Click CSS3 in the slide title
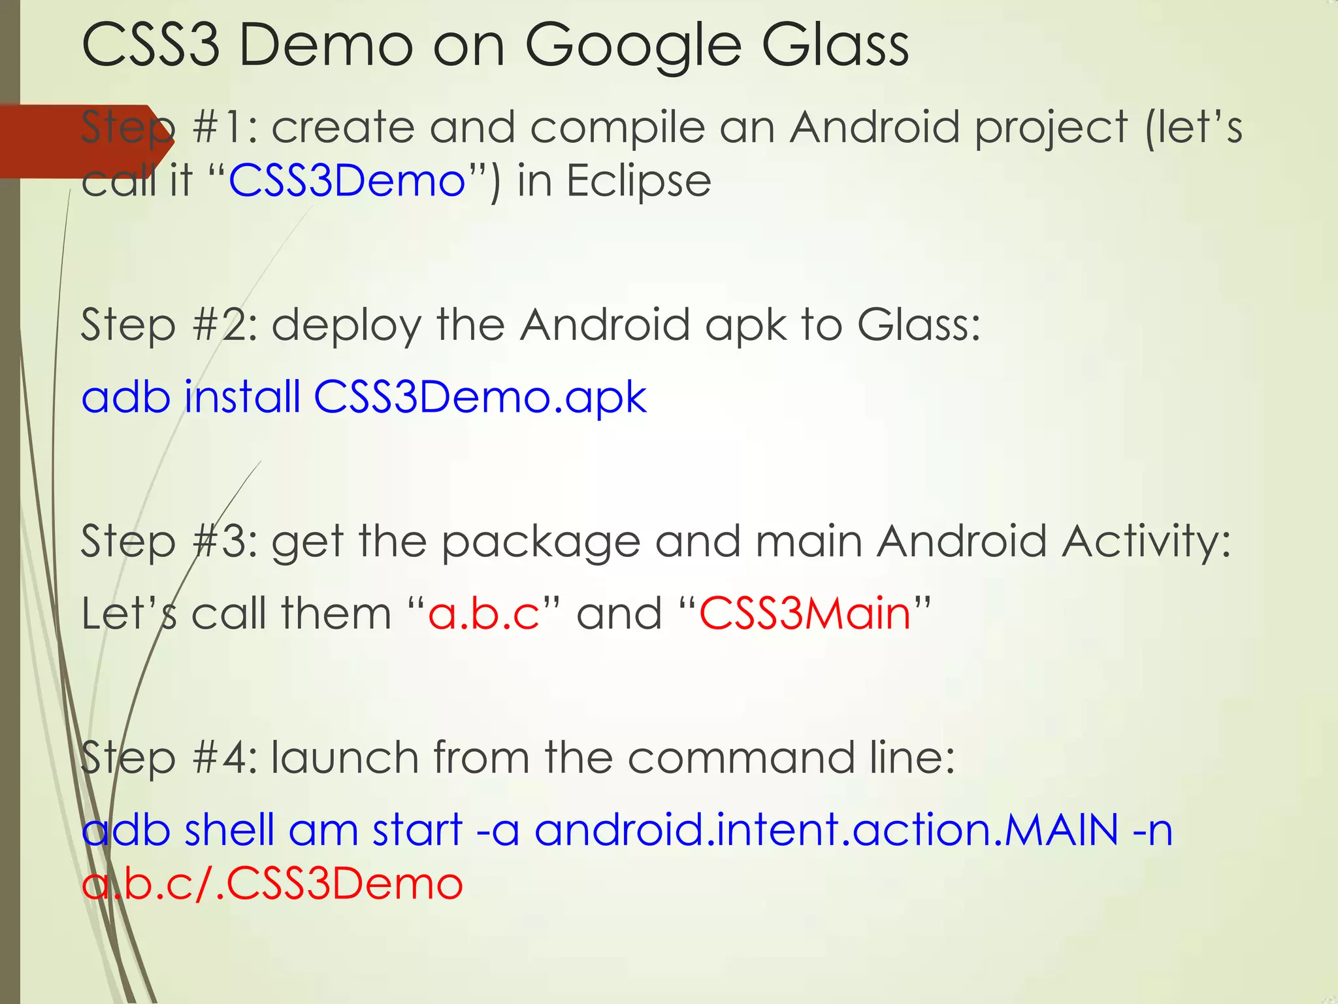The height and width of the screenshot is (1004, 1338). (x=150, y=46)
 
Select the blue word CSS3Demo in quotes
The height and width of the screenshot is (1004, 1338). (x=346, y=181)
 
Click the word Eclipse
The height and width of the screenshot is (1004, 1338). (x=638, y=181)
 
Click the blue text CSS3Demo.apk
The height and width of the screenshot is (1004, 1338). (x=480, y=397)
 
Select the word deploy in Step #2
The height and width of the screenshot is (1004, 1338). (x=346, y=326)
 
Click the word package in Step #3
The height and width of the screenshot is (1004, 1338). (x=541, y=543)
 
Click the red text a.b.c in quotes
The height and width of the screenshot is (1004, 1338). (x=483, y=614)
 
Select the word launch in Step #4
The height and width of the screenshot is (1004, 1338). (x=344, y=758)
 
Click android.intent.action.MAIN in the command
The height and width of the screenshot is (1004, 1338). (x=826, y=830)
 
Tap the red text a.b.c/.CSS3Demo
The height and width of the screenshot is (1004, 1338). (x=272, y=884)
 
